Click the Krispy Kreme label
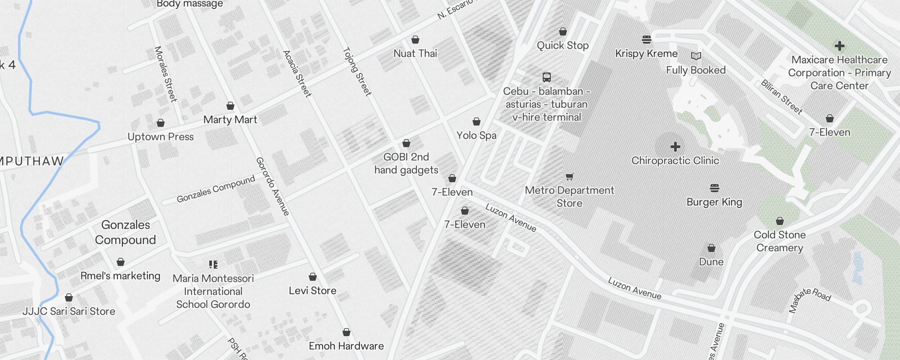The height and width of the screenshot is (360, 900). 646,54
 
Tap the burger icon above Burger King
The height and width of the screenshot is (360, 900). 715,188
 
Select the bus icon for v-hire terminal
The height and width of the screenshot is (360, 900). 547,77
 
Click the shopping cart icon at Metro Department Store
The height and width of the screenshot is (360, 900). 569,176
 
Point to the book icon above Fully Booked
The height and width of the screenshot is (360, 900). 696,56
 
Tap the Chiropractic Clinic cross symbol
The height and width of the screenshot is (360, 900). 675,147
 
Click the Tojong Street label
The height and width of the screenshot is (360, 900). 357,72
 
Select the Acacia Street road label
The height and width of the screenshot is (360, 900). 297,74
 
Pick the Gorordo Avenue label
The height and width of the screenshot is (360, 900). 273,186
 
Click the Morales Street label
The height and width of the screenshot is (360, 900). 165,74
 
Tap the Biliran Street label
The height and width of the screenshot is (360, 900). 782,97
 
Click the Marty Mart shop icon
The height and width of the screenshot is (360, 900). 230,106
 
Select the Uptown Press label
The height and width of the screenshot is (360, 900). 161,137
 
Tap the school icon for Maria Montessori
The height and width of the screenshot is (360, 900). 213,264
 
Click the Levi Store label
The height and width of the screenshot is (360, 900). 313,291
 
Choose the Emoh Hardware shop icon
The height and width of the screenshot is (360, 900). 346,332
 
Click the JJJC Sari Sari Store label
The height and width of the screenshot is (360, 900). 69,311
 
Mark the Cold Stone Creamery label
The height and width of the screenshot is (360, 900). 779,241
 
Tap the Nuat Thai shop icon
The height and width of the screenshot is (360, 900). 415,40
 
